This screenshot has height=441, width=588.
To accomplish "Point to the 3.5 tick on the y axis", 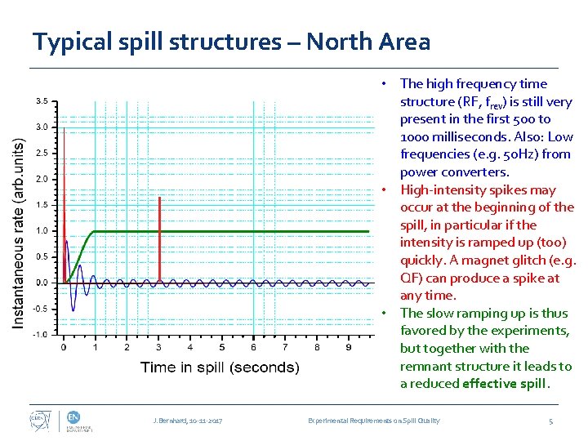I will tap(41, 101).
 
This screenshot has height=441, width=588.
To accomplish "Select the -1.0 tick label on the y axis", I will tap(41, 334).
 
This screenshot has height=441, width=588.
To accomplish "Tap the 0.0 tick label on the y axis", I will tap(41, 283).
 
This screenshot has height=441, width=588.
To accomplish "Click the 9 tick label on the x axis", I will tap(349, 347).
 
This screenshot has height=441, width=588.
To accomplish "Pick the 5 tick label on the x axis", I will tap(222, 347).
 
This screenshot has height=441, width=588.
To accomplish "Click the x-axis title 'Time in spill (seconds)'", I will tap(220, 367).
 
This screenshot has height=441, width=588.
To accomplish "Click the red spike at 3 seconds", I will tap(159, 241).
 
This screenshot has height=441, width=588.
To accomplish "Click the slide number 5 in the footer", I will tap(551, 421).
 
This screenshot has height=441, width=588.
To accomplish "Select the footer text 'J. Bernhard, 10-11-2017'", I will tap(188, 421).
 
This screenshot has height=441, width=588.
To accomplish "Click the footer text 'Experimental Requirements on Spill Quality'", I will tap(373, 421).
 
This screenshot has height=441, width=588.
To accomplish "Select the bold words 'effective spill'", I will tap(505, 384).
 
